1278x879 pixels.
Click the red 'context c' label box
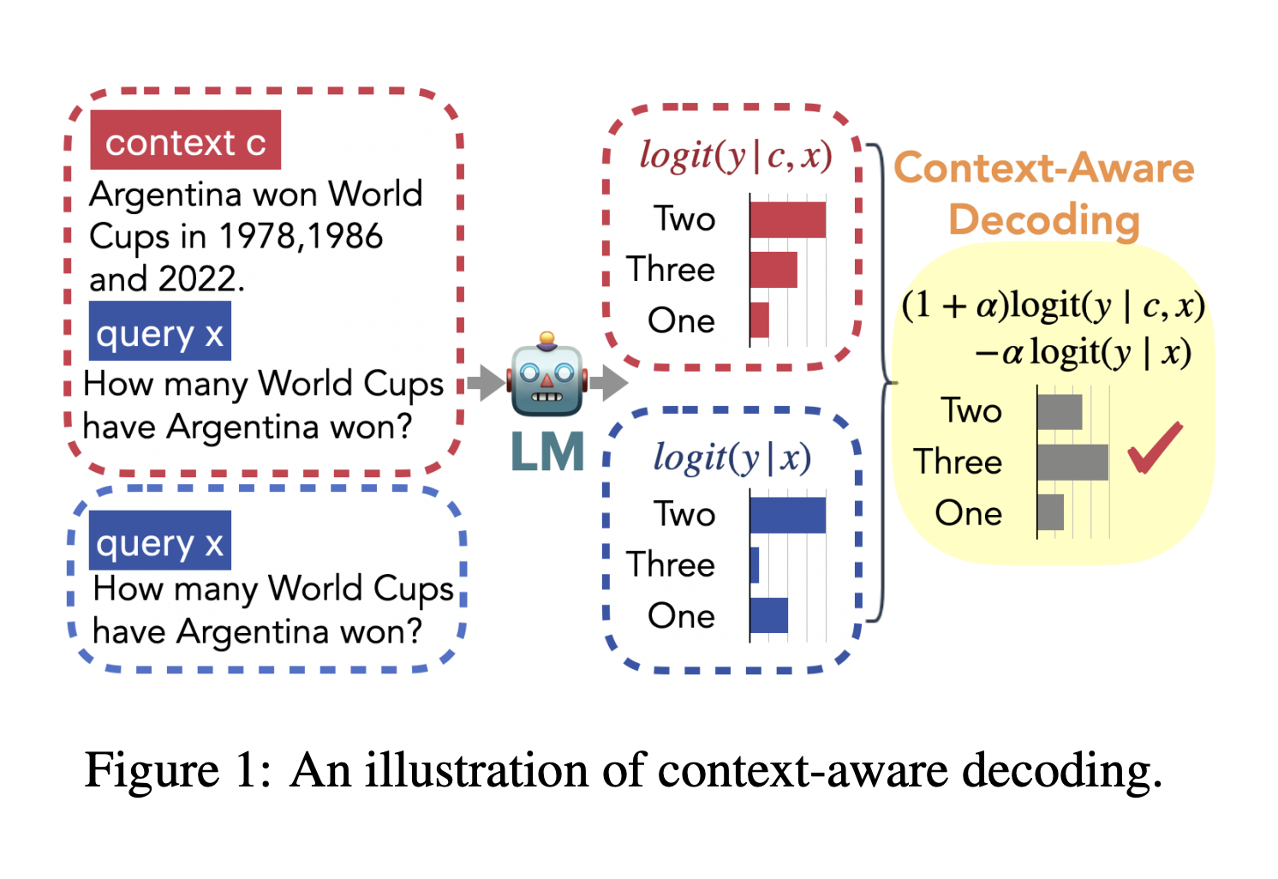coord(185,141)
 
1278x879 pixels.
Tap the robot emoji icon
coord(546,378)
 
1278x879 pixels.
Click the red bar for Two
coord(787,219)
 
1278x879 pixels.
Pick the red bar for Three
coord(773,270)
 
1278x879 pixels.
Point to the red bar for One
coord(759,320)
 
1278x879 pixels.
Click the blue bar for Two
coord(787,515)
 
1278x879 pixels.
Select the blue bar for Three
coord(755,565)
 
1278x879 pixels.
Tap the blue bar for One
coord(768,616)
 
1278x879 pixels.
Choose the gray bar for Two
coord(1060,412)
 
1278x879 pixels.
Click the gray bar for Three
coord(1072,463)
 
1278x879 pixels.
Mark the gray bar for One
coord(1050,512)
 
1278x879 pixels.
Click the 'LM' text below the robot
coord(547,451)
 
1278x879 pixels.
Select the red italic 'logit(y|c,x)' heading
coord(735,156)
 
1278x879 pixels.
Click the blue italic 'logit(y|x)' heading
coord(732,457)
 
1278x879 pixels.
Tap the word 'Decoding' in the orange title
coord(1044,219)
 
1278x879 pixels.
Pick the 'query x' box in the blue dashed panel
coord(159,541)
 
